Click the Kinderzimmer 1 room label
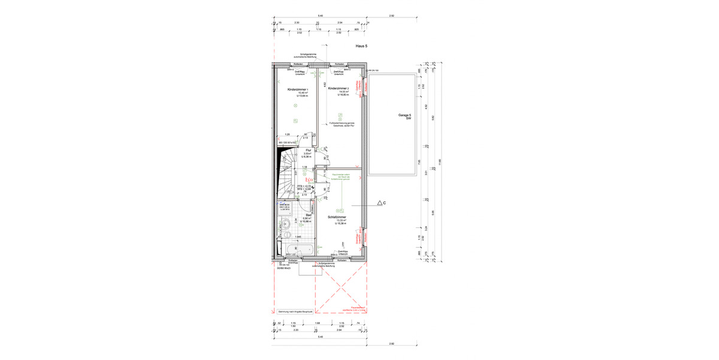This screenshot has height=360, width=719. click(x=298, y=89)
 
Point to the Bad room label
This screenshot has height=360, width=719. click(x=309, y=214)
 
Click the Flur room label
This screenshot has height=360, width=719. click(x=309, y=150)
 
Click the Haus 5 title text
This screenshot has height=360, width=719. click(x=361, y=46)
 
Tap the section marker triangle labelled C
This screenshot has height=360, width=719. click(x=380, y=203)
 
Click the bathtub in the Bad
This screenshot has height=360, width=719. click(x=296, y=248)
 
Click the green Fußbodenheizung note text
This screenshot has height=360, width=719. click(x=343, y=124)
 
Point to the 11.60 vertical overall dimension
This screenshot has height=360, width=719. click(x=439, y=161)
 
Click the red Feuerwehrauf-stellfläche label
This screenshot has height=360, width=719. click(x=359, y=308)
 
